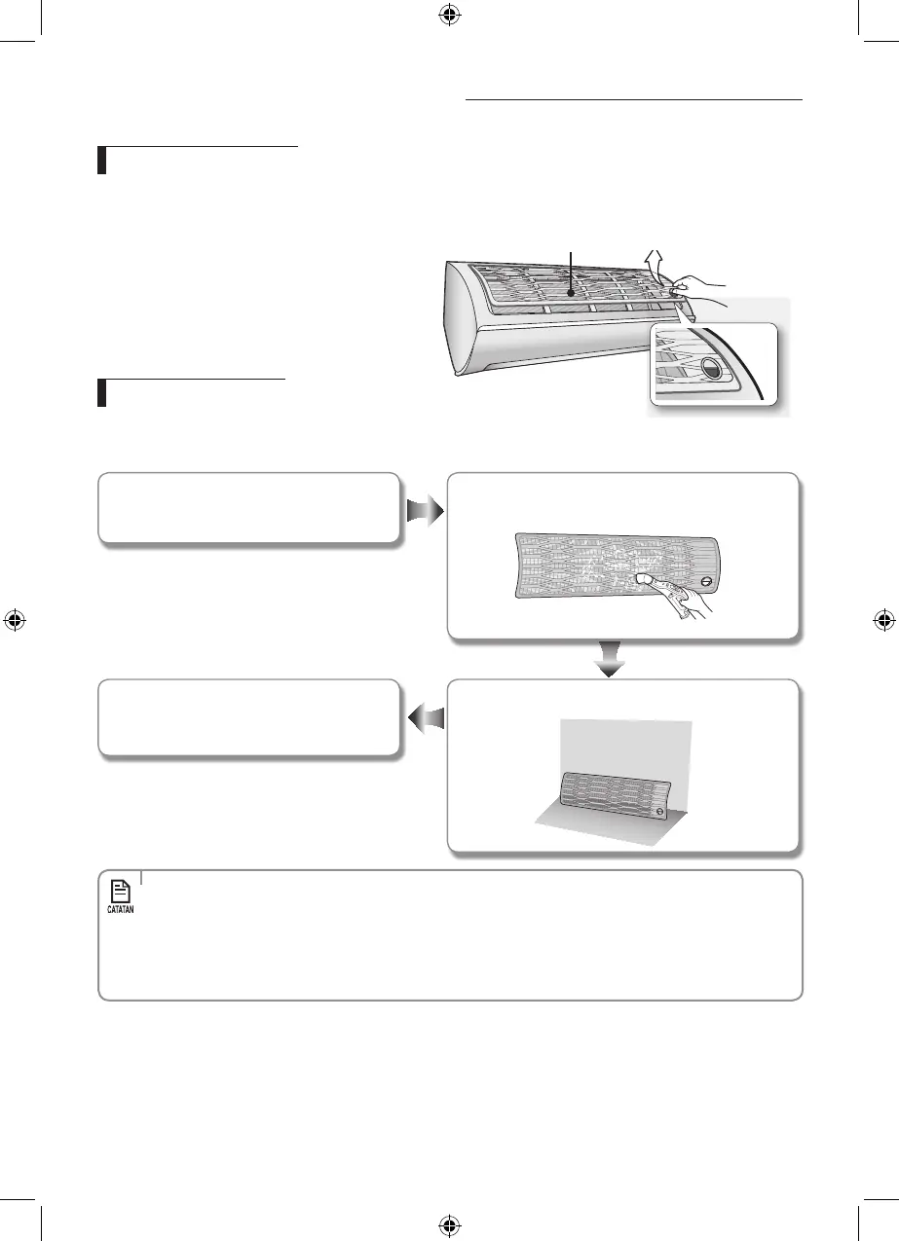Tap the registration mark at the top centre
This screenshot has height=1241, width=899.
pos(449,15)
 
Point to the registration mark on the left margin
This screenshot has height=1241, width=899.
pos(15,621)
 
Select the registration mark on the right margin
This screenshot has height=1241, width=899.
pos(883,621)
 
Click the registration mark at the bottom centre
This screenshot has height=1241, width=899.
pos(449,1225)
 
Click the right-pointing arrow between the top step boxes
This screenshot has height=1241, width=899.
pos(424,509)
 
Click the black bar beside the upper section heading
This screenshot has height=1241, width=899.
pos(101,160)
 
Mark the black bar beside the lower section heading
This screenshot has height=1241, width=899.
pos(101,393)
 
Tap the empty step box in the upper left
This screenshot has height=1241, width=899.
pos(248,507)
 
